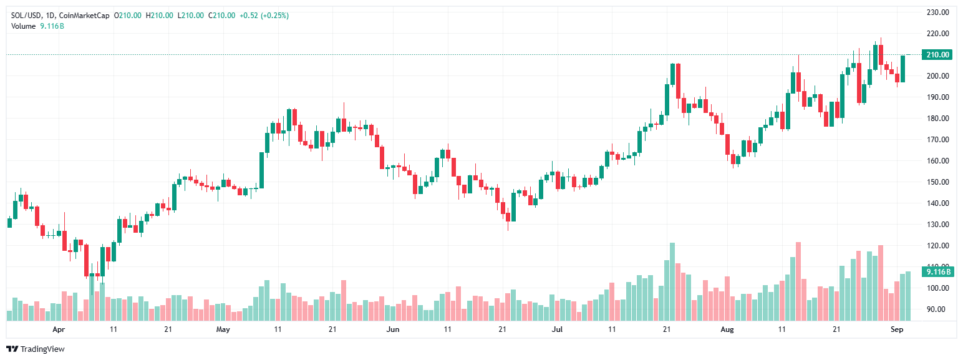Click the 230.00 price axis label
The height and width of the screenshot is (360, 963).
[x=937, y=12]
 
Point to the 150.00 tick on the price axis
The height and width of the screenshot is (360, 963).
[x=937, y=182]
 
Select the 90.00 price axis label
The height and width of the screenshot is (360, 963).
[x=937, y=309]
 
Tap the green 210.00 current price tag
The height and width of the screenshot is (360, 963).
[x=937, y=55]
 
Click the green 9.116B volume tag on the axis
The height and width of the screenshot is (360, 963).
[x=937, y=271]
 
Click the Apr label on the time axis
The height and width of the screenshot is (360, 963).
[x=59, y=328]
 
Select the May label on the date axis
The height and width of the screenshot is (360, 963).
[x=223, y=328]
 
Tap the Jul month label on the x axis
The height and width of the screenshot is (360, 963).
[x=557, y=328]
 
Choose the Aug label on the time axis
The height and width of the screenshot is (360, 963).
[x=727, y=328]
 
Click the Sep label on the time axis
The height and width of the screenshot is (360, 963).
[x=896, y=328]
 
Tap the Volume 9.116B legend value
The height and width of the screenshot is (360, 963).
[x=52, y=26]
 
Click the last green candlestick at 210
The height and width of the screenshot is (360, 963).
[x=903, y=69]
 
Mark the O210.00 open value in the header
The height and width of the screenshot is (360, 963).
[x=128, y=16]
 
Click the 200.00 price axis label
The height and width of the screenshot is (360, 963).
[x=937, y=76]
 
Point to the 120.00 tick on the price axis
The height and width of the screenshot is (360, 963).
[x=937, y=246]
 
